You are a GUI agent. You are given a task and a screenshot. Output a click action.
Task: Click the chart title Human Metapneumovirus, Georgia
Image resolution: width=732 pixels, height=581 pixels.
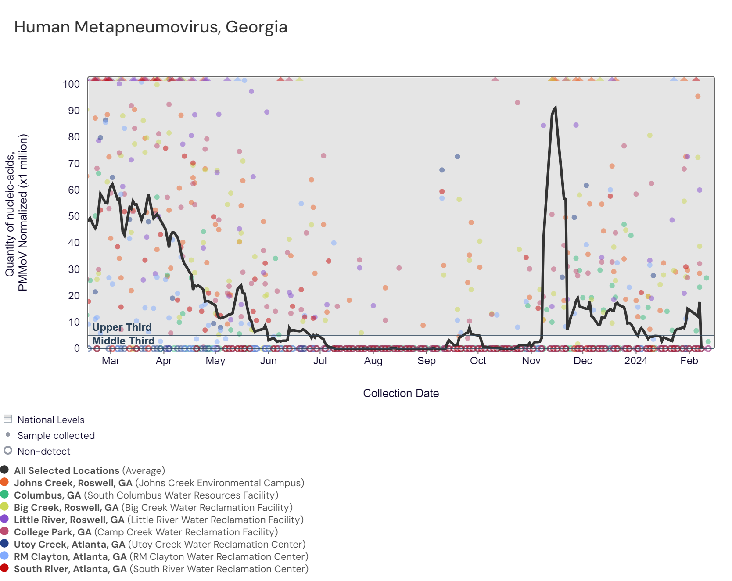151,27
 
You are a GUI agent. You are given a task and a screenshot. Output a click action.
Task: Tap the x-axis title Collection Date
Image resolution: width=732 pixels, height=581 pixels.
401,393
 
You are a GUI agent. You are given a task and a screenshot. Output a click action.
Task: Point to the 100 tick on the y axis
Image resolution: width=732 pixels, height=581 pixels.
71,84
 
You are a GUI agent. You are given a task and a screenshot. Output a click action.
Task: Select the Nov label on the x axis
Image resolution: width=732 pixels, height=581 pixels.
531,361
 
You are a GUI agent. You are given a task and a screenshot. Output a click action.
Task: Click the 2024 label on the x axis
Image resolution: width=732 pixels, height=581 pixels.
635,361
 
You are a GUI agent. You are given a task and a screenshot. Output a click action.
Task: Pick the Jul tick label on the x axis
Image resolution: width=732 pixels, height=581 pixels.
320,361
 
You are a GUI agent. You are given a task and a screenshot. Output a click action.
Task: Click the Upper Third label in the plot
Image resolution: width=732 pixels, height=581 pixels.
122,327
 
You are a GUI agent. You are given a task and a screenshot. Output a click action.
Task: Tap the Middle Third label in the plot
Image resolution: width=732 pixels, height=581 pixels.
123,341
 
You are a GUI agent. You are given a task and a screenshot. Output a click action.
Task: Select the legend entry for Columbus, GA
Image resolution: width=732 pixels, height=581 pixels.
47,495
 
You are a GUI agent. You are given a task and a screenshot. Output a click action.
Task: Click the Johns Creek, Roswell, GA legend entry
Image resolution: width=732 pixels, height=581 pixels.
73,483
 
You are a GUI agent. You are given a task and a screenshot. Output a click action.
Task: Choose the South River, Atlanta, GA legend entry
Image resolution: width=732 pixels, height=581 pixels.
70,569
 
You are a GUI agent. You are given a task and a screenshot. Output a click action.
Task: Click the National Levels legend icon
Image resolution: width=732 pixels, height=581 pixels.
8,419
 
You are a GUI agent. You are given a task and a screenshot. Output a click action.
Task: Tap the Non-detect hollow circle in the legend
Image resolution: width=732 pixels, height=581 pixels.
8,450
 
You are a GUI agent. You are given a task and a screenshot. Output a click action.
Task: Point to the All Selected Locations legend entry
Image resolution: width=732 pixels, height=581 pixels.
66,470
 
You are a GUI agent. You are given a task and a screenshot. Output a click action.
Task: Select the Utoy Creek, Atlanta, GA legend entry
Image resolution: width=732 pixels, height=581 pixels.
69,544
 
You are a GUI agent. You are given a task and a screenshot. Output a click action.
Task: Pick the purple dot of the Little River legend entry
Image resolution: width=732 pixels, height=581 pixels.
5,519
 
